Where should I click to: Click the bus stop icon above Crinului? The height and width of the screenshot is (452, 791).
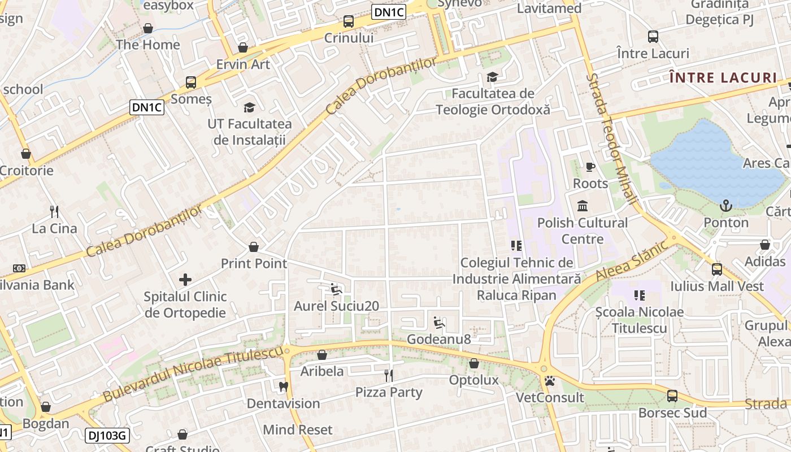(349, 22)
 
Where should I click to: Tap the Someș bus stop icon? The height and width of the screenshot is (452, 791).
(191, 82)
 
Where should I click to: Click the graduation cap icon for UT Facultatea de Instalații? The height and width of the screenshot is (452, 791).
(249, 107)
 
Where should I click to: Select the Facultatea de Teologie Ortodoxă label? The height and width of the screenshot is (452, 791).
(493, 101)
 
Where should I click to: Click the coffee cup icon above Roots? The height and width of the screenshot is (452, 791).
(590, 167)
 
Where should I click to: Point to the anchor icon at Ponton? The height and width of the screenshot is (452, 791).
(726, 206)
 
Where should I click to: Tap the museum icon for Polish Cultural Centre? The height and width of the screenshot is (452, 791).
(583, 206)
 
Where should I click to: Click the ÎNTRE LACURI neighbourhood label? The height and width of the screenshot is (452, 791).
(723, 77)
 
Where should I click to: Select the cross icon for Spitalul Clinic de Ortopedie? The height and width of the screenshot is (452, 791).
(185, 280)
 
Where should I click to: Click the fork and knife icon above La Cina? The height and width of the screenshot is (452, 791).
(54, 212)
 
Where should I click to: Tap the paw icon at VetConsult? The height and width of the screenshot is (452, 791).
(550, 381)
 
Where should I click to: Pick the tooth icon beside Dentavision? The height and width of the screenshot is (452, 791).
(284, 387)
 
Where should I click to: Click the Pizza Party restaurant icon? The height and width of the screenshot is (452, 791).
(389, 375)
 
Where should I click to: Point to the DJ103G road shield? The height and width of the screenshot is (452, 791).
(108, 436)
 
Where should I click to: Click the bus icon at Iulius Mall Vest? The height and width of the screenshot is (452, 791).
(716, 270)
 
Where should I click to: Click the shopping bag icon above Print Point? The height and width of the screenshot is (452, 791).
(254, 247)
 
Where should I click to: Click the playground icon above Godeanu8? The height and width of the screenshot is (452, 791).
(439, 323)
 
